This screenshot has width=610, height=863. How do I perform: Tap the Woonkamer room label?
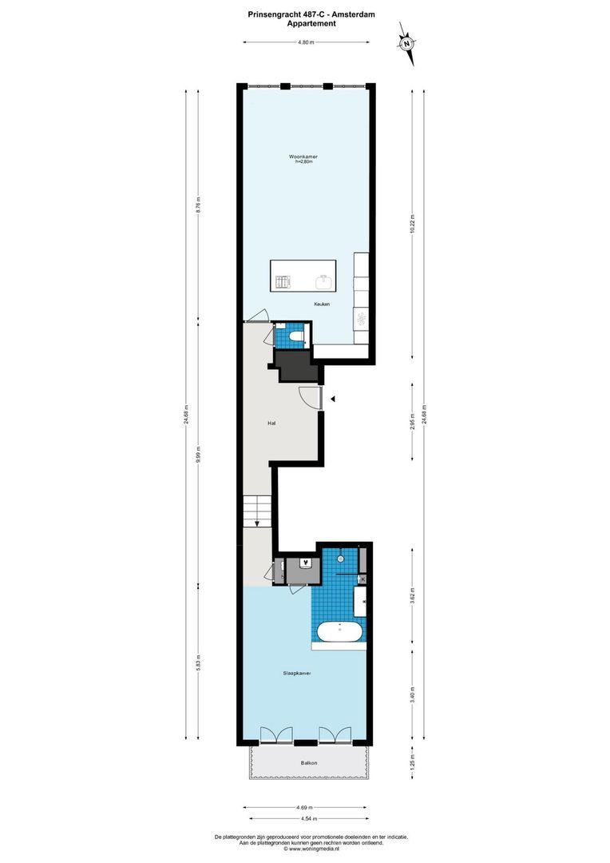coord(303,157)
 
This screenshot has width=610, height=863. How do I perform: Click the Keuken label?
coord(322,304)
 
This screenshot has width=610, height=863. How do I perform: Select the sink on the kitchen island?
coord(326,281)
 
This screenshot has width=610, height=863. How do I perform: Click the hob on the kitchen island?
coord(283,282)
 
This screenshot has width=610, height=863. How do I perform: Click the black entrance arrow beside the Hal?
coord(335,398)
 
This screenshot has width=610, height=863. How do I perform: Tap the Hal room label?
coord(272,424)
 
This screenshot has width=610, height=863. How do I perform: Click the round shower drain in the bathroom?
coord(340,559)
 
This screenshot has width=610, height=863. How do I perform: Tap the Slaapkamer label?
coord(296,674)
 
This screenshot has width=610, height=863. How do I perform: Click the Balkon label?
coord(308,763)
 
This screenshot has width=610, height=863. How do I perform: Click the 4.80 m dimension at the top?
coord(305,43)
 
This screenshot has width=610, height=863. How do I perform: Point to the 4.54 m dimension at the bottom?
coord(308,818)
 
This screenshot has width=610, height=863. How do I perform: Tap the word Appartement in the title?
coord(311,23)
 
